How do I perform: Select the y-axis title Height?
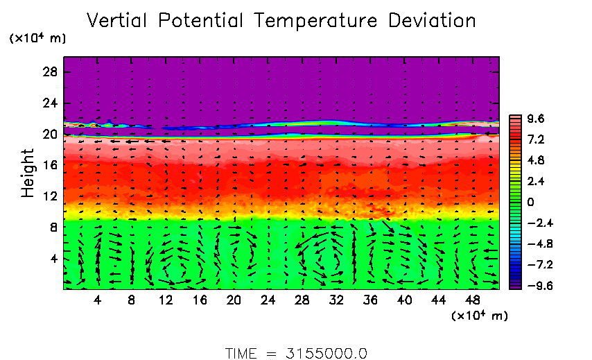point(28,173)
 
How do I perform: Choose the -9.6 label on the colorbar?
point(534,285)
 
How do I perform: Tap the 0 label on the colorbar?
point(531,202)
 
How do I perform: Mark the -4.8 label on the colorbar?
point(534,243)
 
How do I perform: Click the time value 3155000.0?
point(326,352)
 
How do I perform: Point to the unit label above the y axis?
point(37,39)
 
